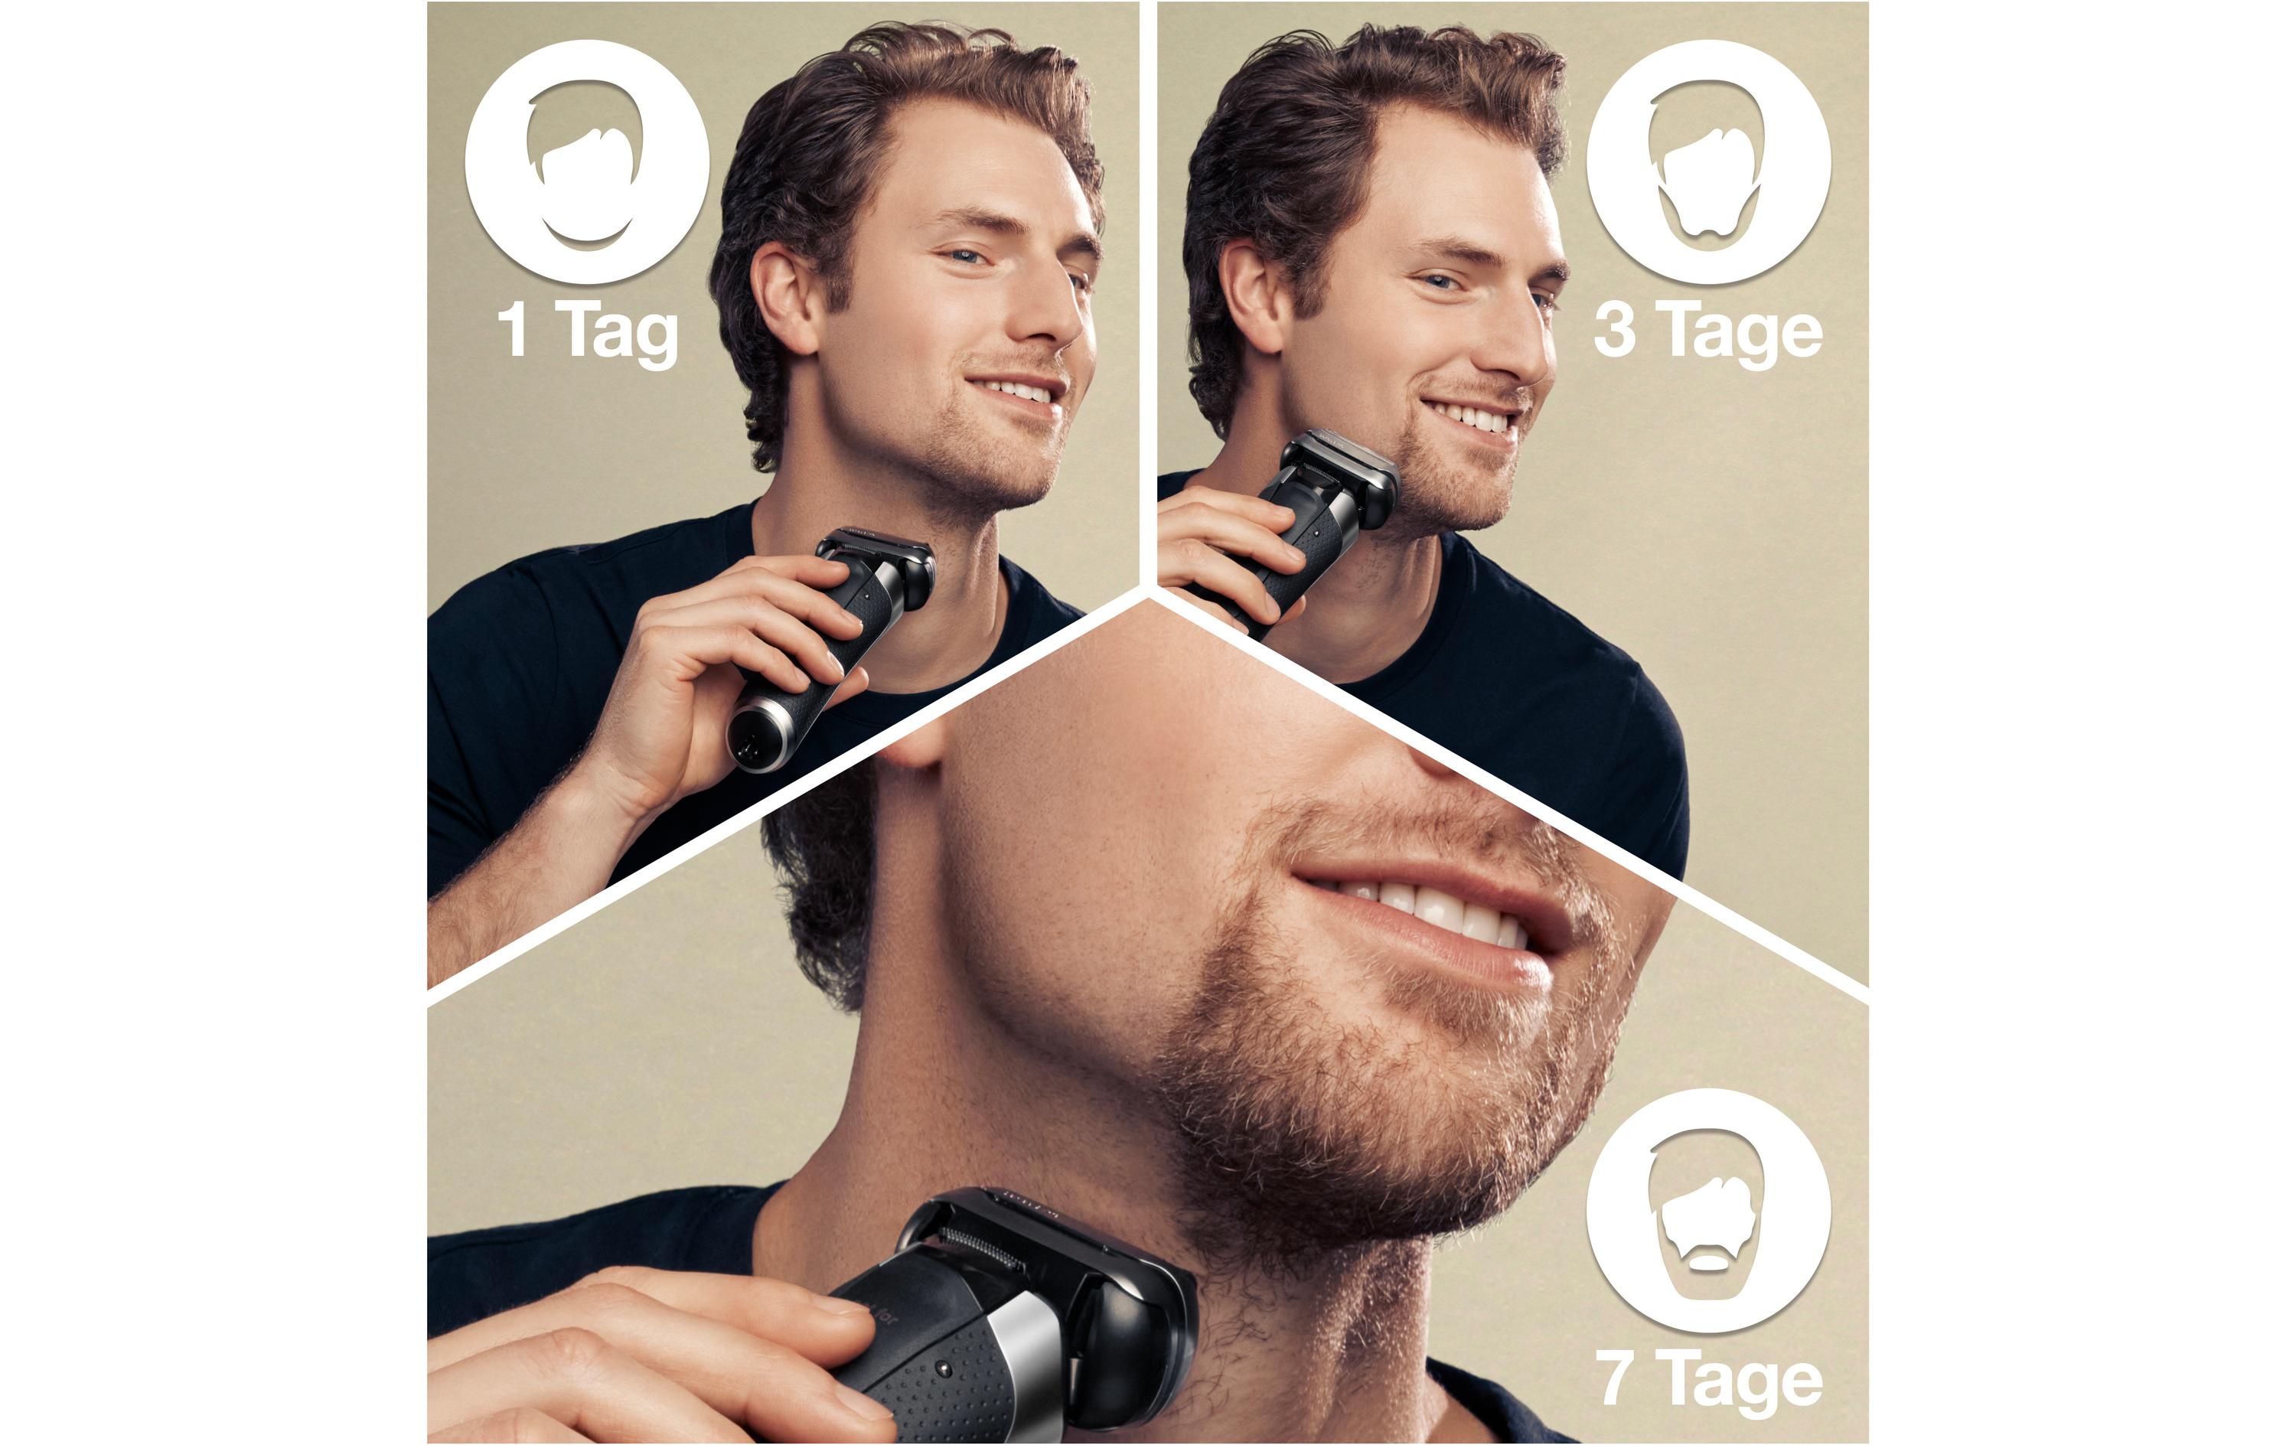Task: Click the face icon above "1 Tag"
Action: click(587, 162)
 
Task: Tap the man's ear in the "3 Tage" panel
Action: click(1255, 295)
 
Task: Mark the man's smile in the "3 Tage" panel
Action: click(1474, 417)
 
